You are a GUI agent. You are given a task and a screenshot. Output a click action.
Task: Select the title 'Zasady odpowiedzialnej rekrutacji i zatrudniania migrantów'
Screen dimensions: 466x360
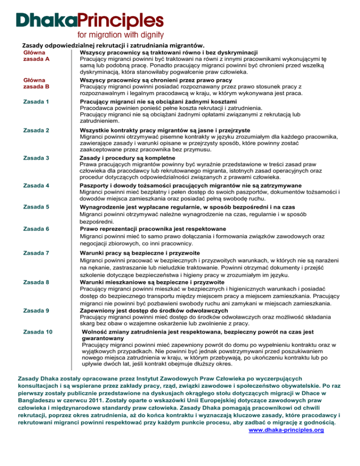pyautogui.click(x=111, y=45)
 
